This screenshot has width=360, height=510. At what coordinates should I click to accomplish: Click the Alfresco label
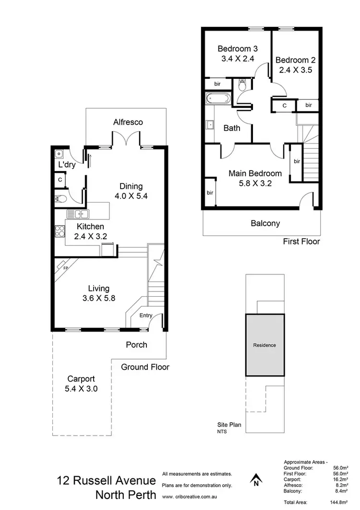(128, 122)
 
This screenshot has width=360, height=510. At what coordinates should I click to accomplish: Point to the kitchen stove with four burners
(61, 231)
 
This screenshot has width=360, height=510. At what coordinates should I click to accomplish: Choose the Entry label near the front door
(145, 316)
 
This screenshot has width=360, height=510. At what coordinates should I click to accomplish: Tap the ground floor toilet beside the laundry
(61, 198)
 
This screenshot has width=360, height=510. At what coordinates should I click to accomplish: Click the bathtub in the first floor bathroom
(218, 100)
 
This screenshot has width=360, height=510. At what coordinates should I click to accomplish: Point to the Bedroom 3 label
(237, 49)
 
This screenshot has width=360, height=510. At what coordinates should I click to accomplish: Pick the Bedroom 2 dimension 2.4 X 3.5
(295, 70)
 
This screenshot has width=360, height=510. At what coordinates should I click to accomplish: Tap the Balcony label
(265, 223)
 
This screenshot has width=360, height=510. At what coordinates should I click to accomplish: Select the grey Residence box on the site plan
(264, 345)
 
